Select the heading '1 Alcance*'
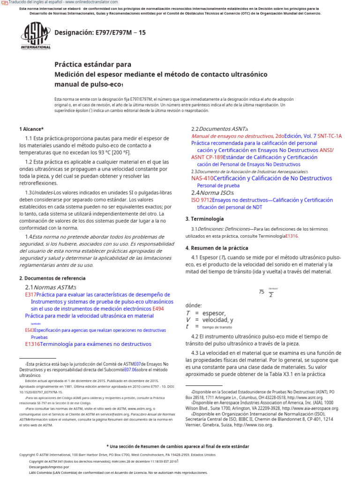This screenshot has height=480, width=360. pos(31,129)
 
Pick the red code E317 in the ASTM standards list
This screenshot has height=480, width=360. pos(30,295)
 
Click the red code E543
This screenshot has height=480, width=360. pos(30,330)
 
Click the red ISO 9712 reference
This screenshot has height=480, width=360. pos(201,200)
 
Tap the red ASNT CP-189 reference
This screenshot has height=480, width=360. pos(207,157)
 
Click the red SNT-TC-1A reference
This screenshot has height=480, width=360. pos(330,136)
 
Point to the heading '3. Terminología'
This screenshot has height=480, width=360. pos(204,219)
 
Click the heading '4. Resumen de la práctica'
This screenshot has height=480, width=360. pos(217,248)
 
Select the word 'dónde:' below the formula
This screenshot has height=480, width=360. pos(194,305)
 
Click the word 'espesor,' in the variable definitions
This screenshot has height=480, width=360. pos(214,313)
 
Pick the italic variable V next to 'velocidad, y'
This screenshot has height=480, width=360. pos(188,320)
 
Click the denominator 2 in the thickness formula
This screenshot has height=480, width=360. pos(271,295)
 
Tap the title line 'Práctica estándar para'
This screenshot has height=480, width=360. pos(93,64)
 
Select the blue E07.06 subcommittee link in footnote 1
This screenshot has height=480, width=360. pos(131,369)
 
